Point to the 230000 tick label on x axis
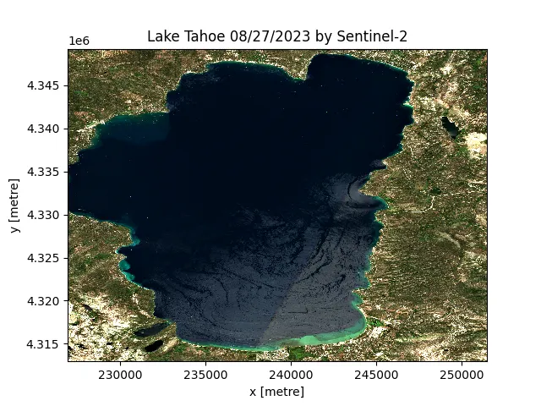[120, 374]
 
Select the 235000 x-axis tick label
[205, 374]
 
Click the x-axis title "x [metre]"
[277, 391]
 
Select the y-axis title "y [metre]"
[14, 206]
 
